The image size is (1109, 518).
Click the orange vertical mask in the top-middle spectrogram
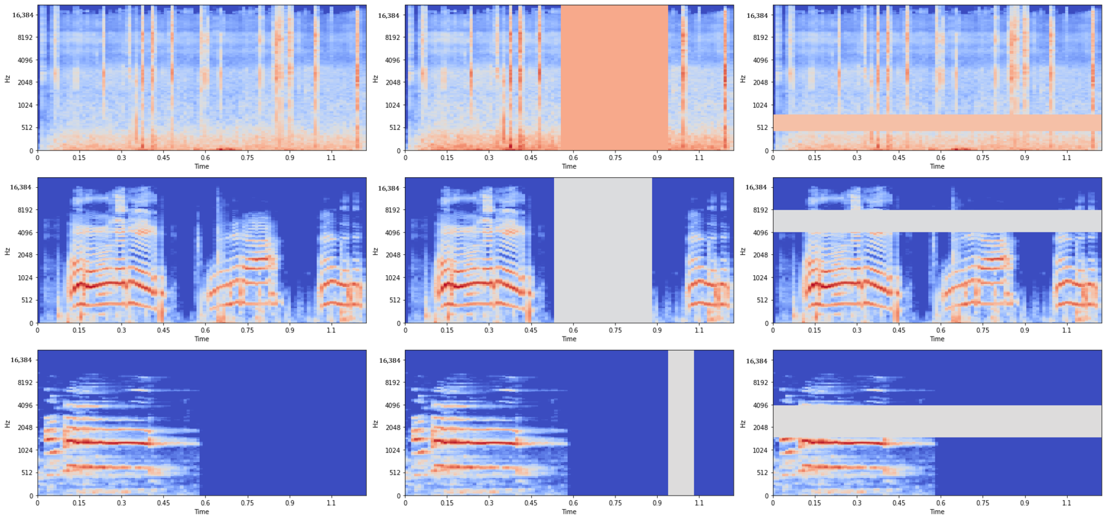coord(614,77)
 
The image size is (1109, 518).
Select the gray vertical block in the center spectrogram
coord(603,250)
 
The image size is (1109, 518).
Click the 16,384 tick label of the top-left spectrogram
coord(22,15)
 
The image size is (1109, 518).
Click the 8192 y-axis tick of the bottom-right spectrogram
coord(760,382)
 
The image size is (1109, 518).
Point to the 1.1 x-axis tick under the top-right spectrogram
coord(1066,158)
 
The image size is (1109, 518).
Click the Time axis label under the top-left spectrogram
coord(202,166)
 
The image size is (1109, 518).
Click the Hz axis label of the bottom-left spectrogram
coord(7,424)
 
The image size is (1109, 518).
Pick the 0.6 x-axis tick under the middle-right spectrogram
coord(941,330)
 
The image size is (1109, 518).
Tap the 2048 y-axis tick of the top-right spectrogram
coord(760,82)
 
